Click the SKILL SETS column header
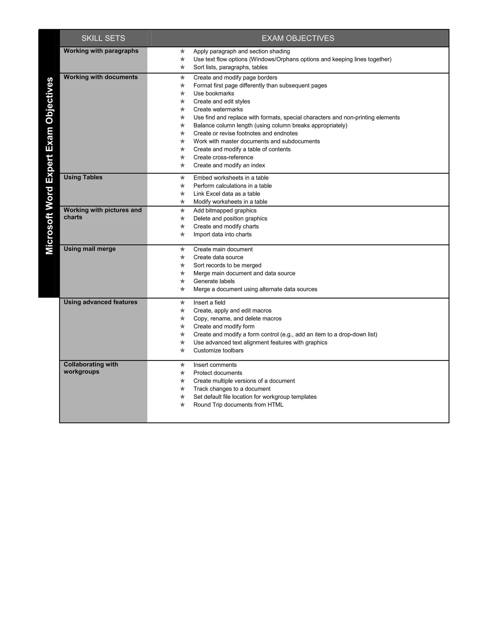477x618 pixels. (103, 38)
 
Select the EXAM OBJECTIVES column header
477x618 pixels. (298, 38)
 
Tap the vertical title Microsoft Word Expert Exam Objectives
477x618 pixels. (49, 166)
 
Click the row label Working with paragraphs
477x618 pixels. (101, 51)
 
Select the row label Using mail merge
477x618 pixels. (90, 249)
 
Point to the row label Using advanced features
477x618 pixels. (100, 302)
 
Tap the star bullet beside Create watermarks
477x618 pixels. (182, 110)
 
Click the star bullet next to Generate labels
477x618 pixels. (182, 281)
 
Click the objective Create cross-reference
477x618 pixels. (223, 157)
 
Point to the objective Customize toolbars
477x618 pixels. (218, 351)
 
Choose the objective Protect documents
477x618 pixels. (218, 373)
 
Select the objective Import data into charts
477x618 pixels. (222, 235)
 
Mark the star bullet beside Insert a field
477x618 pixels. (182, 303)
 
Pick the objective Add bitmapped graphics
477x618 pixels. (225, 211)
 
